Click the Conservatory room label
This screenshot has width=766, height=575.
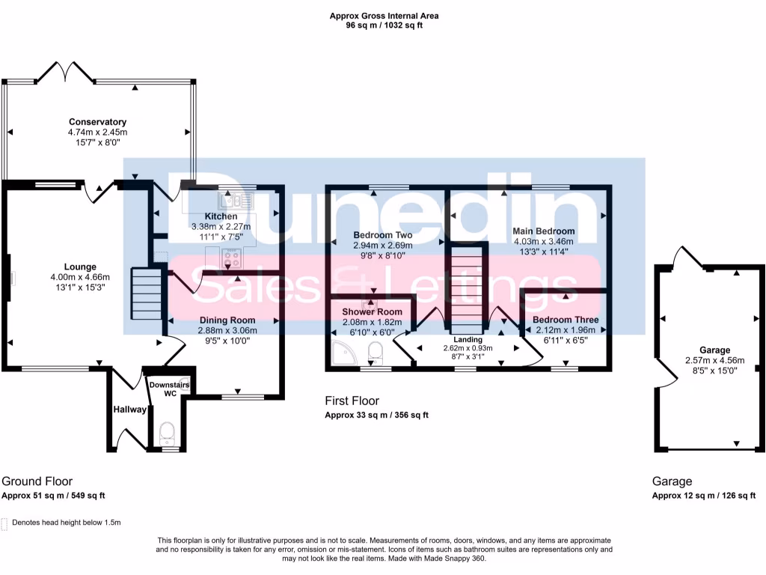tap(97, 122)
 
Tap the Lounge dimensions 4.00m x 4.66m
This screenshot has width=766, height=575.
tap(79, 276)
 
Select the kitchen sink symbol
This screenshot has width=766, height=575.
tap(237, 200)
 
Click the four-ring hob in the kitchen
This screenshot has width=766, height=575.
tap(233, 259)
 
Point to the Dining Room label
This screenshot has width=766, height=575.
tap(222, 320)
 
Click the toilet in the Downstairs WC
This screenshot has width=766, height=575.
tap(167, 431)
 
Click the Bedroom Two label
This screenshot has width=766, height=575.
tap(383, 235)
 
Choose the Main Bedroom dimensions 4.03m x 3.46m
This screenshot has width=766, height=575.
tap(543, 241)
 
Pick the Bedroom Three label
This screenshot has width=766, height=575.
tap(566, 320)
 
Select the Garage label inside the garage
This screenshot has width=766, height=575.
tap(714, 350)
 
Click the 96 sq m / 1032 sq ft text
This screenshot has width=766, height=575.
tap(384, 25)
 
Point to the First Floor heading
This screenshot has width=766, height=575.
tap(352, 401)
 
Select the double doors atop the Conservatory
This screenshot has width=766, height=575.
tap(66, 72)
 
